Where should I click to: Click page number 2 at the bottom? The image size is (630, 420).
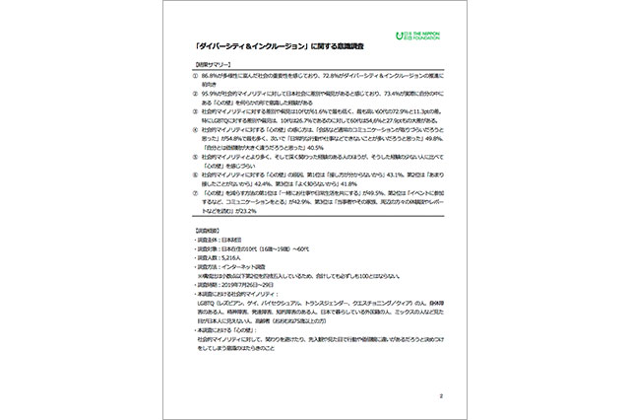pyautogui.click(x=442, y=396)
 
